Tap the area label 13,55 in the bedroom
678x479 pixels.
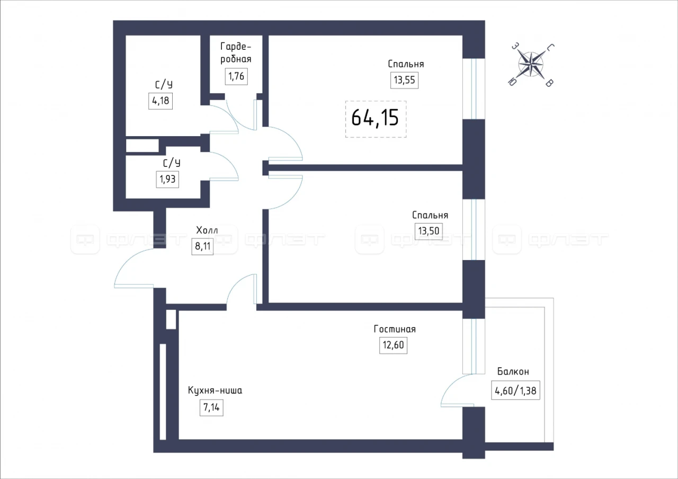[x=404, y=80]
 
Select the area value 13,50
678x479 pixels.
[x=429, y=231]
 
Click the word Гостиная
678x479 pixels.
[x=395, y=329]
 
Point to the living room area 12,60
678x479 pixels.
[x=393, y=345]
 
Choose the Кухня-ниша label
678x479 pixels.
[x=215, y=391]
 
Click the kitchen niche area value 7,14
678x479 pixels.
[x=211, y=407]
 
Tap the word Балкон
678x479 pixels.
[x=513, y=371]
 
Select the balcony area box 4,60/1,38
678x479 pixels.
[x=515, y=391]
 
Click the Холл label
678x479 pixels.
[x=207, y=230]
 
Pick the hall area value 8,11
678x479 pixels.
[x=202, y=246]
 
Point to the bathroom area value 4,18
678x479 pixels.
[x=160, y=101]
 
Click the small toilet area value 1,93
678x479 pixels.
[x=167, y=179]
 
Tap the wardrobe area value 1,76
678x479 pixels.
[x=236, y=76]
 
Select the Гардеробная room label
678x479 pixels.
[x=236, y=52]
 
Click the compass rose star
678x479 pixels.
[x=531, y=65]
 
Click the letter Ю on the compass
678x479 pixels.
[x=512, y=82]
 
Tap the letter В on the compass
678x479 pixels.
[x=549, y=83]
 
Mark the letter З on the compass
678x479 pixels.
[x=515, y=46]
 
